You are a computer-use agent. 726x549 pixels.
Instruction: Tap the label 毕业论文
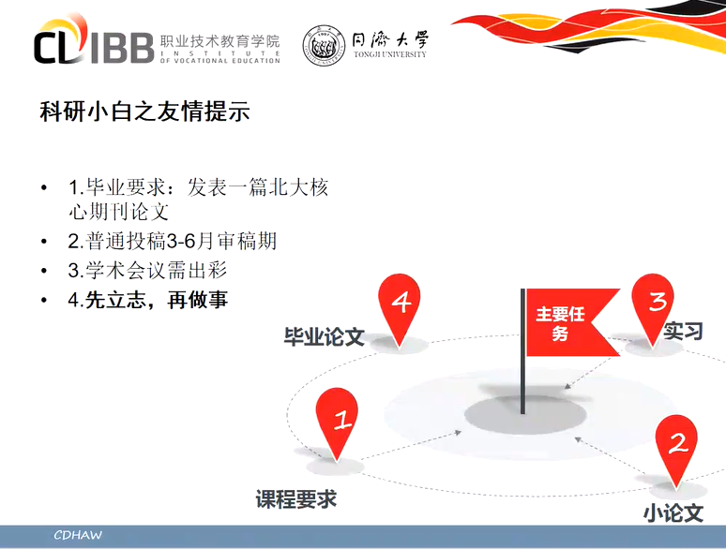pos(325,336)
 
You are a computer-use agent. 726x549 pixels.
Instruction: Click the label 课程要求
pos(295,499)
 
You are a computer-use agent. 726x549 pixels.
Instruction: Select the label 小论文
pos(673,513)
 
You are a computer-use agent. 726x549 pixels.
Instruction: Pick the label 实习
pos(683,331)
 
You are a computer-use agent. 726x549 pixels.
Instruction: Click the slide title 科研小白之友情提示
pos(145,111)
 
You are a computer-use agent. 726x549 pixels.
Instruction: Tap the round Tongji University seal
pos(324,46)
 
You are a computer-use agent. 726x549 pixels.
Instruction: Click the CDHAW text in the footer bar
pos(78,535)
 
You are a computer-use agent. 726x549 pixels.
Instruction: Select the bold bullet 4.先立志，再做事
pos(148,300)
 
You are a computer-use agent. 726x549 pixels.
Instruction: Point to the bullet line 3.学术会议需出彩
pos(147,270)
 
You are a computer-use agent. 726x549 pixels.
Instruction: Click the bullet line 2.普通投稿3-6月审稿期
pos(173,241)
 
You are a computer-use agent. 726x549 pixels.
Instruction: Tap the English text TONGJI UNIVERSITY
pos(390,54)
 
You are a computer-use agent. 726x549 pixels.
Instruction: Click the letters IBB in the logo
pos(122,48)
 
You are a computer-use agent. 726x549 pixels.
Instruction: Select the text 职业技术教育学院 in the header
pos(220,41)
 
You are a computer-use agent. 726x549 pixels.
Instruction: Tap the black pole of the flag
pos(523,351)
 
